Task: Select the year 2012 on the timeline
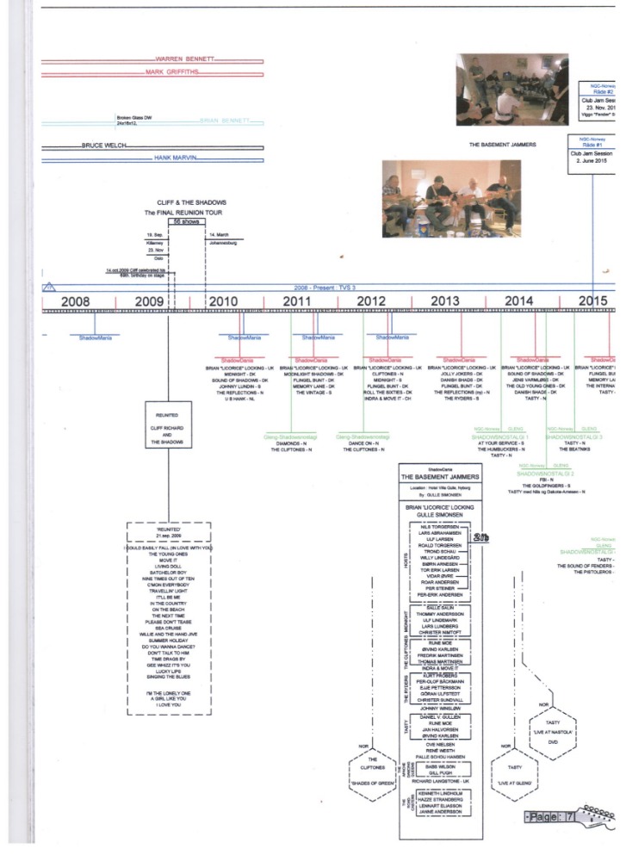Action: (371, 300)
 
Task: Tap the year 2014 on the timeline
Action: (518, 300)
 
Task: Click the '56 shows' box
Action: (185, 221)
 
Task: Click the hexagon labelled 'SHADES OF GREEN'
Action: (371, 772)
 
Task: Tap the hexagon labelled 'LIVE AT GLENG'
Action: (514, 772)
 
